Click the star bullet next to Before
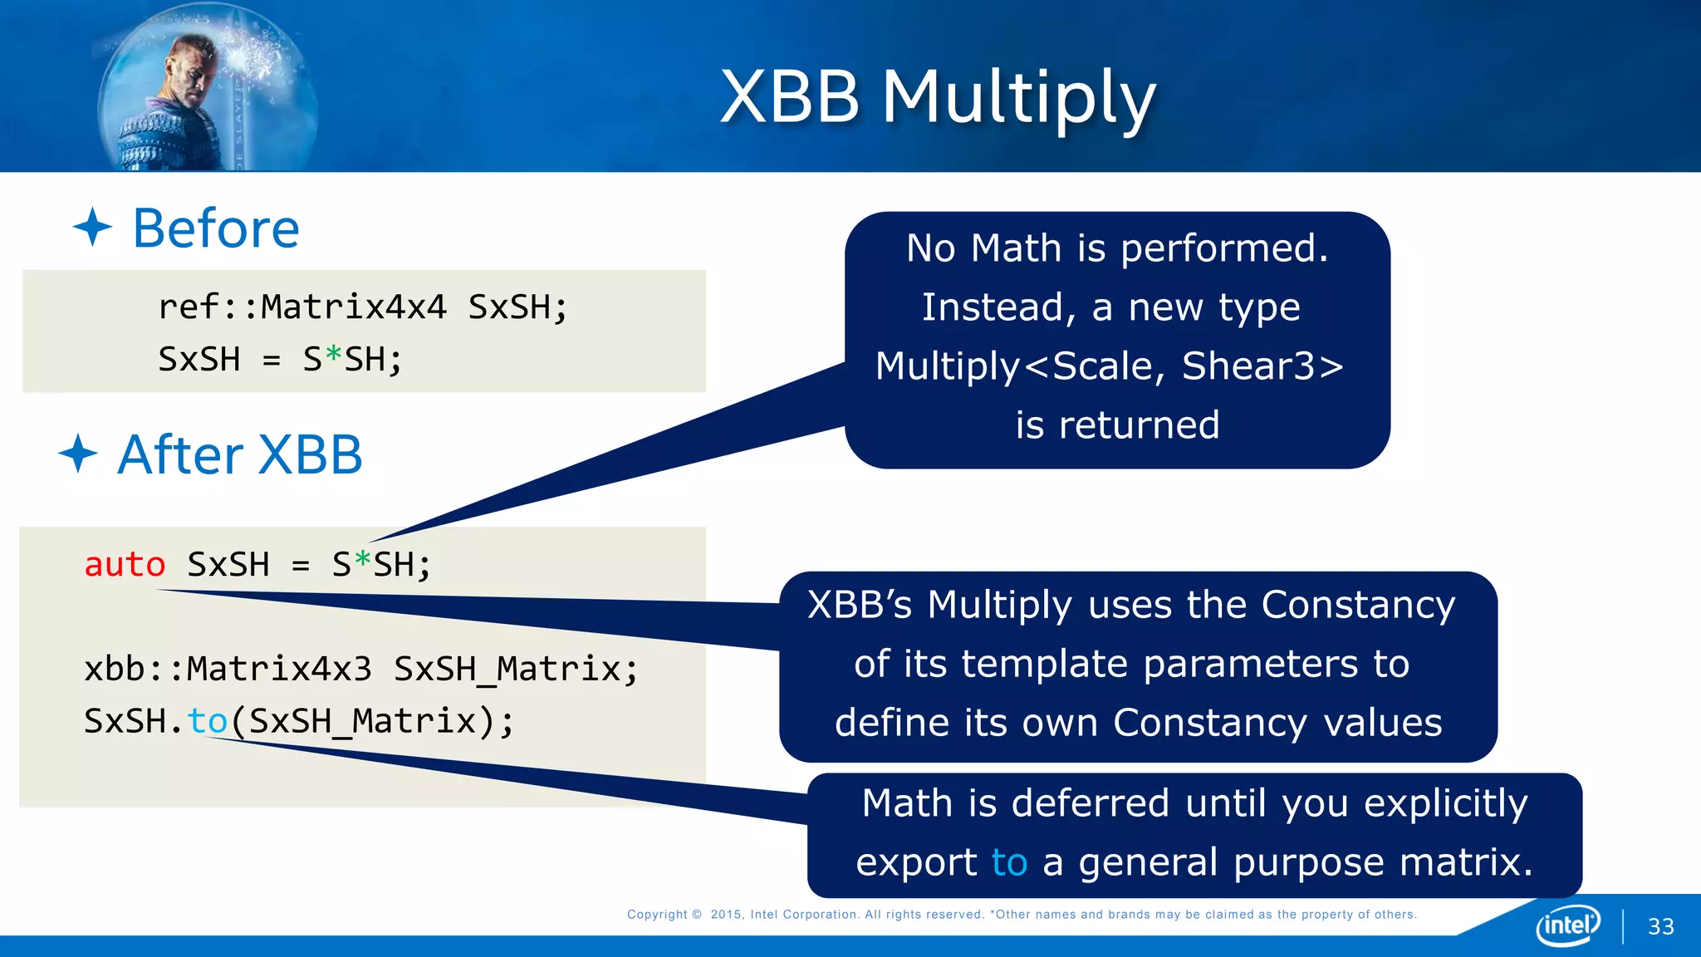[92, 228]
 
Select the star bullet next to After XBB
[78, 454]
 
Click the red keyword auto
[125, 565]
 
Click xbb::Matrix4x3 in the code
[228, 669]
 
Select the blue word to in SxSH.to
[208, 721]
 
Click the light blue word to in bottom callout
[1009, 862]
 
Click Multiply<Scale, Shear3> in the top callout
[1109, 366]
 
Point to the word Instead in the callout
[993, 307]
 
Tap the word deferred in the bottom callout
[1091, 803]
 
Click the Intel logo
[1567, 925]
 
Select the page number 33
[1660, 926]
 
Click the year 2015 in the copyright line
[726, 915]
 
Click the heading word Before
[216, 228]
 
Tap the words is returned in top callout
[1117, 425]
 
